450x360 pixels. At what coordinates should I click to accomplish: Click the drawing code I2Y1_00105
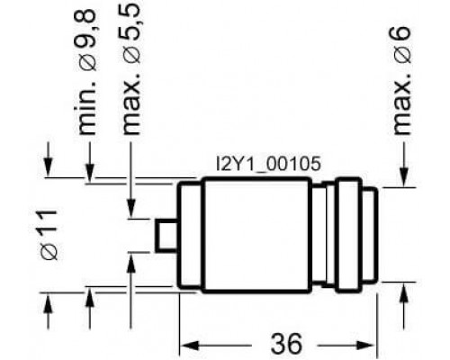(268, 165)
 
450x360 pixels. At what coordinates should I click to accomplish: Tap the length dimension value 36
(285, 343)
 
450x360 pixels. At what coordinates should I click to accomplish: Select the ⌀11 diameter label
(49, 235)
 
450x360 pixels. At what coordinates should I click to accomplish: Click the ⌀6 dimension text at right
(401, 45)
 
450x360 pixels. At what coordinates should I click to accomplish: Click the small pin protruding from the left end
(166, 235)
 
